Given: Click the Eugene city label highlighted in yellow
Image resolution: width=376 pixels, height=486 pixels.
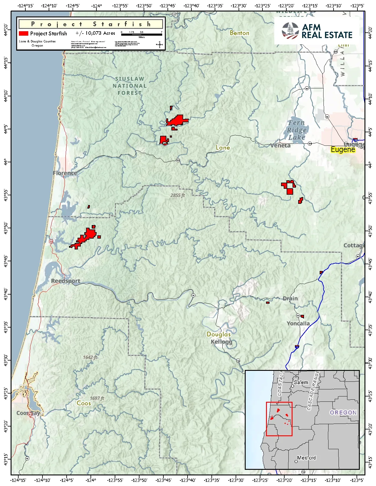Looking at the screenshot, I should [343, 149].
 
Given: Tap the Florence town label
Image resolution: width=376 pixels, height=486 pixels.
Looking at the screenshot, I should [65, 173].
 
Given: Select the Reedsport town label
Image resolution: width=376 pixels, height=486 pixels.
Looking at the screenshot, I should [65, 281].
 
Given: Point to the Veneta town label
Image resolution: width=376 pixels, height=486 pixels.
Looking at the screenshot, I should [280, 145].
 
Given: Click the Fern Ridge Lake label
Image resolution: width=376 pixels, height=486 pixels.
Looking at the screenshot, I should [297, 130].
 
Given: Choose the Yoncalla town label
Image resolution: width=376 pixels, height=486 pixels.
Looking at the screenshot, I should [298, 323].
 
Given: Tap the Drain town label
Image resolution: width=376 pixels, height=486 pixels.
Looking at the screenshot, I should [290, 298].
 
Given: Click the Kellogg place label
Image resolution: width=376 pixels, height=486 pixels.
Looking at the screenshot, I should [221, 342].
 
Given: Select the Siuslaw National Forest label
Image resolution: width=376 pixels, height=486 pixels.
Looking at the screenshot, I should [129, 86].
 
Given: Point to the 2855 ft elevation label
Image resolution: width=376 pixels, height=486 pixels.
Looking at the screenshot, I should [178, 195].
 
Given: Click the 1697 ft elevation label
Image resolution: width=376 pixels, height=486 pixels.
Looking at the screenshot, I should [97, 398].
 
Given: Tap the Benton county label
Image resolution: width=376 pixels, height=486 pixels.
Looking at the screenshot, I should [239, 33].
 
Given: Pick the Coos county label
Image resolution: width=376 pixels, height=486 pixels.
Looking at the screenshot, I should [84, 403].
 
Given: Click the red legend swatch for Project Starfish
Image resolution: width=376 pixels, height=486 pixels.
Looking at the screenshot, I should [24, 34].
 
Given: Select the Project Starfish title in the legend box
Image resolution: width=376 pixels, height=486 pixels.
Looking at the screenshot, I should [91, 24].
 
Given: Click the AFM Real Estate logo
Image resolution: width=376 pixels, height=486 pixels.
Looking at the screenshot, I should [317, 31].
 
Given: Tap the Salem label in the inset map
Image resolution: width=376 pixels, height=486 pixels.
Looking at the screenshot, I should [301, 382].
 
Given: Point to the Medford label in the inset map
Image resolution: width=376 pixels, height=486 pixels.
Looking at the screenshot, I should [306, 458].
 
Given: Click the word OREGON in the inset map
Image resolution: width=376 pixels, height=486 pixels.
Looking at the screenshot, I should [343, 412].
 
